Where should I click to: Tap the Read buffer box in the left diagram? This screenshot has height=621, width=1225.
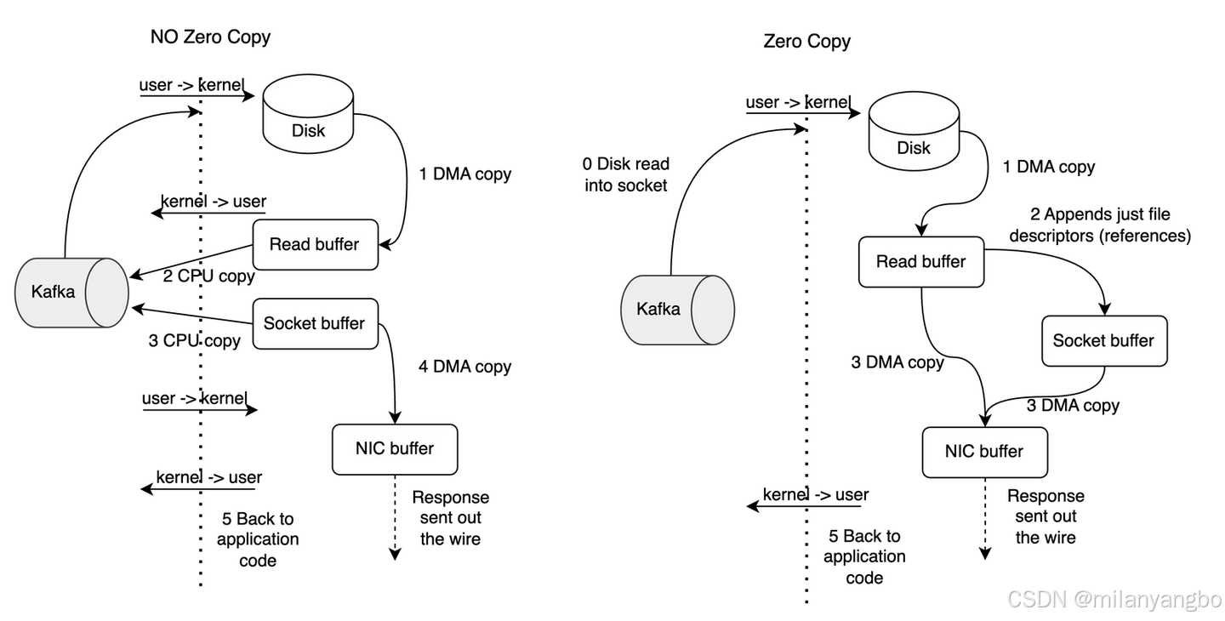(x=315, y=245)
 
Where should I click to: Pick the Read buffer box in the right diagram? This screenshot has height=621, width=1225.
(x=921, y=262)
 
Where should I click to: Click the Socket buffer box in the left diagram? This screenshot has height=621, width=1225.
(x=315, y=324)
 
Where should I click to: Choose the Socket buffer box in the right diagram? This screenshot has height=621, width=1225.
(x=1104, y=341)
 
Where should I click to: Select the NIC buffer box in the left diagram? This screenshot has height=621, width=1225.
(x=395, y=449)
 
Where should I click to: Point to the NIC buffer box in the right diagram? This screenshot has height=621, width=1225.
(x=984, y=452)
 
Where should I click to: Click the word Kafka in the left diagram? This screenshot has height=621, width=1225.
(x=53, y=293)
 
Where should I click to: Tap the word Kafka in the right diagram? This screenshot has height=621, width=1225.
(x=658, y=310)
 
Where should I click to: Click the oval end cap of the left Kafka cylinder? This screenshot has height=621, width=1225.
(x=106, y=293)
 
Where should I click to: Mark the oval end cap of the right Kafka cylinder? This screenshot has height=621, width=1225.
(x=713, y=310)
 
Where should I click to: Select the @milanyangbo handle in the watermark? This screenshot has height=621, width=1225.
(x=1146, y=599)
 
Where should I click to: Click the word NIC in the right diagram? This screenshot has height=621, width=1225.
(x=960, y=452)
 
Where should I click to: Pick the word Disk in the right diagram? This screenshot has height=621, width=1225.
(x=914, y=148)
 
